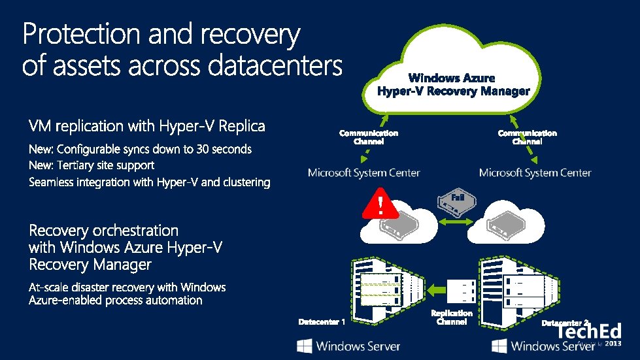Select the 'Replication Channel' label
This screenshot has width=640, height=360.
point(451,318)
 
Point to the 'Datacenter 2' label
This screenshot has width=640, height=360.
point(566,323)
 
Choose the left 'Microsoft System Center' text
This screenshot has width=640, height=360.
point(364,173)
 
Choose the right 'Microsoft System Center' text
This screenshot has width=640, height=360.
point(535,173)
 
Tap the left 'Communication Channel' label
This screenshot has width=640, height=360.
point(368,137)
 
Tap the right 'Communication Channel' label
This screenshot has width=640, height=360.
point(527,137)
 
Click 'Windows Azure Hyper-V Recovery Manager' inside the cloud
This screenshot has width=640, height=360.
point(453,85)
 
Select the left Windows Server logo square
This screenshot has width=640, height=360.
point(304,345)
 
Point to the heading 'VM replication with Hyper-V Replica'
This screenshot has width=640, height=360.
point(147,125)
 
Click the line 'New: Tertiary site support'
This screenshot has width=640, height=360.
point(92,166)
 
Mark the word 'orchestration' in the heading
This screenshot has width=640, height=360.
point(136,231)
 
